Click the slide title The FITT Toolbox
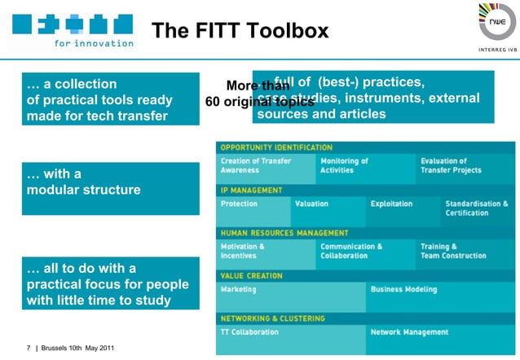click(x=240, y=31)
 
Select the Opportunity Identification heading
click(x=276, y=147)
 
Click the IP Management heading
click(x=252, y=191)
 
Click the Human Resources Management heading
click(x=284, y=233)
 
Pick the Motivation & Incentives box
click(x=266, y=252)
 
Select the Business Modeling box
click(x=440, y=296)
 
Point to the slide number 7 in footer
click(x=29, y=349)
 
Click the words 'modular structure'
click(x=83, y=190)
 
